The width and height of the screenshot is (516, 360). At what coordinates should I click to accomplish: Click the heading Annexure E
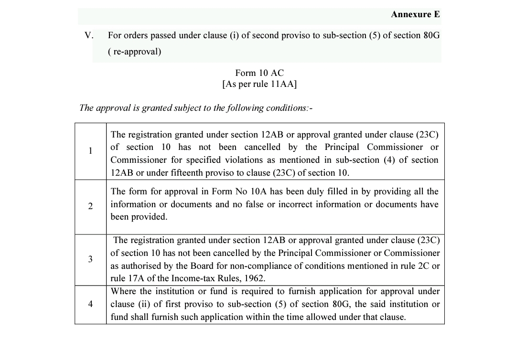tap(415, 14)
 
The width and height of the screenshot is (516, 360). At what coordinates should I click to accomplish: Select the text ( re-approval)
tap(135, 52)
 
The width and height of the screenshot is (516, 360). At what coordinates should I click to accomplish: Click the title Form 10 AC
tap(259, 73)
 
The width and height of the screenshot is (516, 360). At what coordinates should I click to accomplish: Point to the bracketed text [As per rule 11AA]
tap(259, 85)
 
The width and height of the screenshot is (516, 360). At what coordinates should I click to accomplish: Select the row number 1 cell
tap(90, 151)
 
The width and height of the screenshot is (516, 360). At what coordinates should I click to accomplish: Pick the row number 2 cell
tap(90, 206)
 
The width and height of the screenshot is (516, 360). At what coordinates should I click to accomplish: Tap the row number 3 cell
tap(90, 259)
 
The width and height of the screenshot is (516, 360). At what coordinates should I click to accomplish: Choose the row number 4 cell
tap(90, 304)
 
